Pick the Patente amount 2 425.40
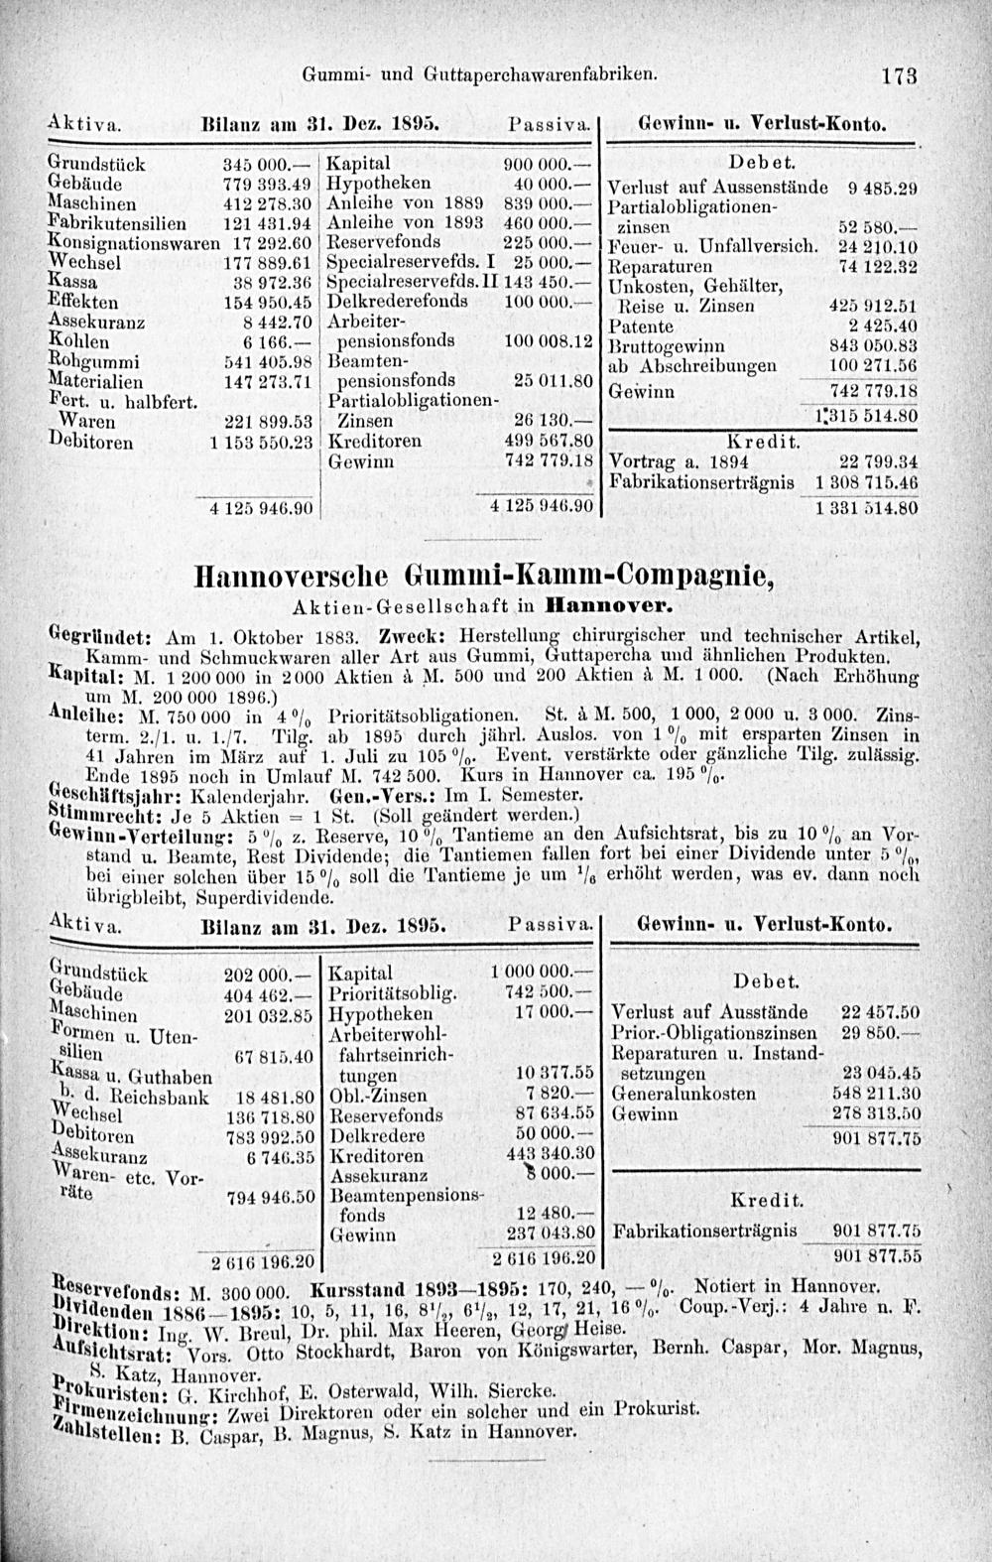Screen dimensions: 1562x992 (881, 326)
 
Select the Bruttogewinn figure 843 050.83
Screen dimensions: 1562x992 (871, 345)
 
